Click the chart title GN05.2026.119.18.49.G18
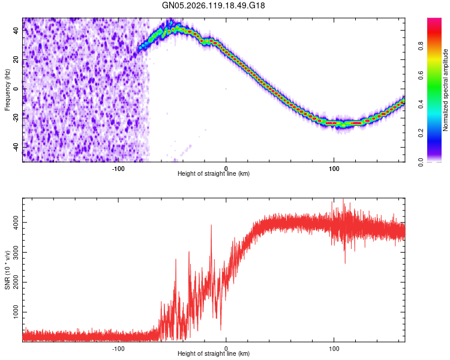213,5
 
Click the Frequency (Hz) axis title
7,90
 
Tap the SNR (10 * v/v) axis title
7,270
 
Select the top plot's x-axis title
214,173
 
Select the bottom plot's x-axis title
214,353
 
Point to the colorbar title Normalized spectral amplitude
445,90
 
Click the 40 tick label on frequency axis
16,30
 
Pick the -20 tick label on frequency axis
16,117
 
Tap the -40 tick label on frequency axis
16,146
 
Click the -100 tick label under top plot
118,169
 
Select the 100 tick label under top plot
334,169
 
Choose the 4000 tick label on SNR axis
16,223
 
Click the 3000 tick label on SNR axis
16,253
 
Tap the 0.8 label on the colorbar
421,46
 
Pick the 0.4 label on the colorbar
421,104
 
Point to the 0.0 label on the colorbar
421,162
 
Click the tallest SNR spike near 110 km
343,199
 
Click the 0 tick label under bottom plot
226,349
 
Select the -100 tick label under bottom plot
118,349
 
